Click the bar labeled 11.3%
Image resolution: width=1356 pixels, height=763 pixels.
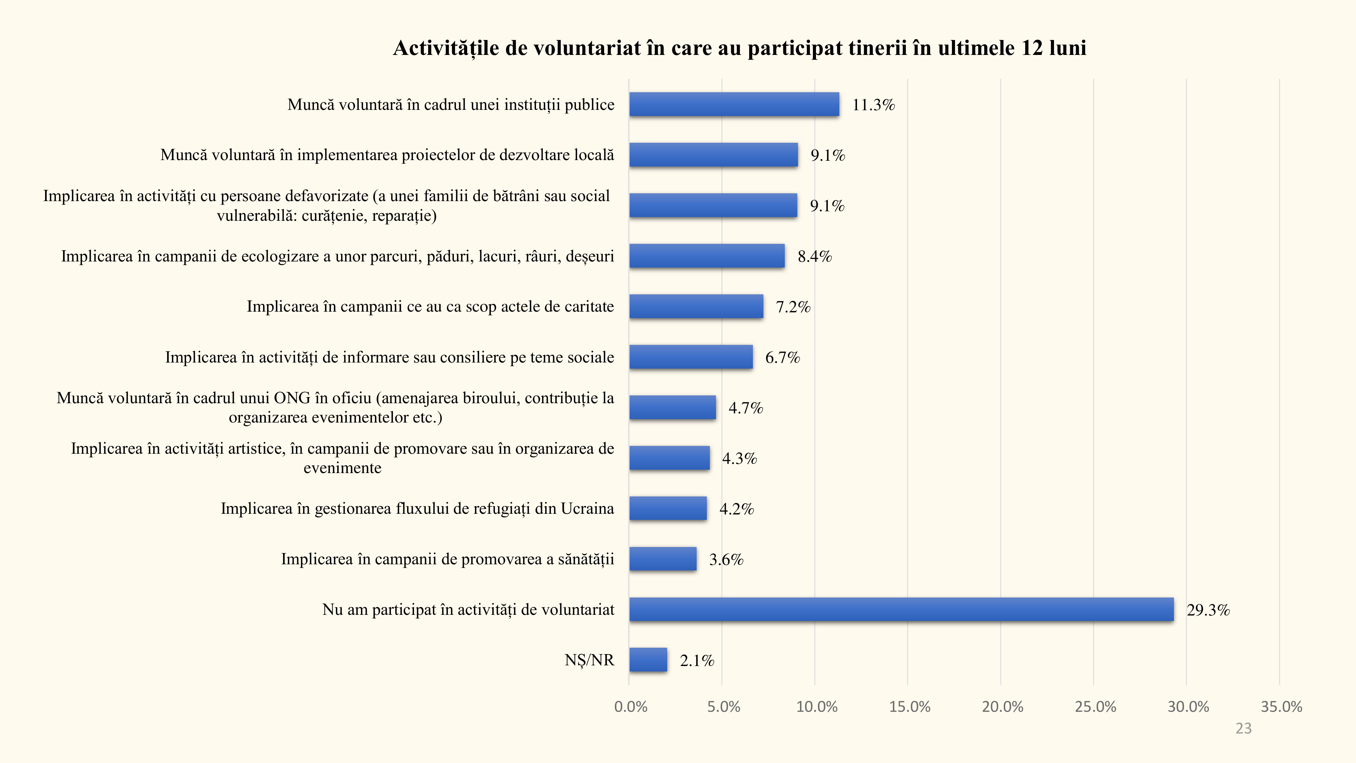(x=734, y=104)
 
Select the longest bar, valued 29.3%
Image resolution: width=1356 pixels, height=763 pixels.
(x=901, y=609)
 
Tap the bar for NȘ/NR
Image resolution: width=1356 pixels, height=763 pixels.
(x=648, y=660)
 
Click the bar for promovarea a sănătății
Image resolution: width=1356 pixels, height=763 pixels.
(x=663, y=559)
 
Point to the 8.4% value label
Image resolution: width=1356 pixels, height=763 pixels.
(x=814, y=256)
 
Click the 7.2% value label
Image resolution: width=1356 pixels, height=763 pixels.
(x=793, y=307)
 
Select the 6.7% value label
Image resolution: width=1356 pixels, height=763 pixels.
(x=782, y=357)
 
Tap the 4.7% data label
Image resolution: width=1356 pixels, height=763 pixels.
(x=745, y=408)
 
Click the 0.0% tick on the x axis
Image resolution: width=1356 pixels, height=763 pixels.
(x=631, y=707)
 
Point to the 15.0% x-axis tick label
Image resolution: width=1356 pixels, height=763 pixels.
(x=910, y=707)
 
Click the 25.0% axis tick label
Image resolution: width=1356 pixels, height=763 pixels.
(x=1095, y=707)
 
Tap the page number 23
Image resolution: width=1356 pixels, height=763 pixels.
(x=1243, y=729)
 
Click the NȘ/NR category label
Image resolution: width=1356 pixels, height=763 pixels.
(x=589, y=660)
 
